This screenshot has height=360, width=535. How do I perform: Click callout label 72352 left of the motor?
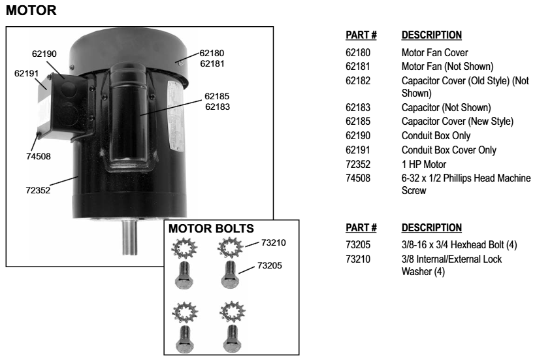point(36,191)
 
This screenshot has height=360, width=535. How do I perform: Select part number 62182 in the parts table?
point(357,81)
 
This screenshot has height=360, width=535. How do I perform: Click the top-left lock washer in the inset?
point(184,248)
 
